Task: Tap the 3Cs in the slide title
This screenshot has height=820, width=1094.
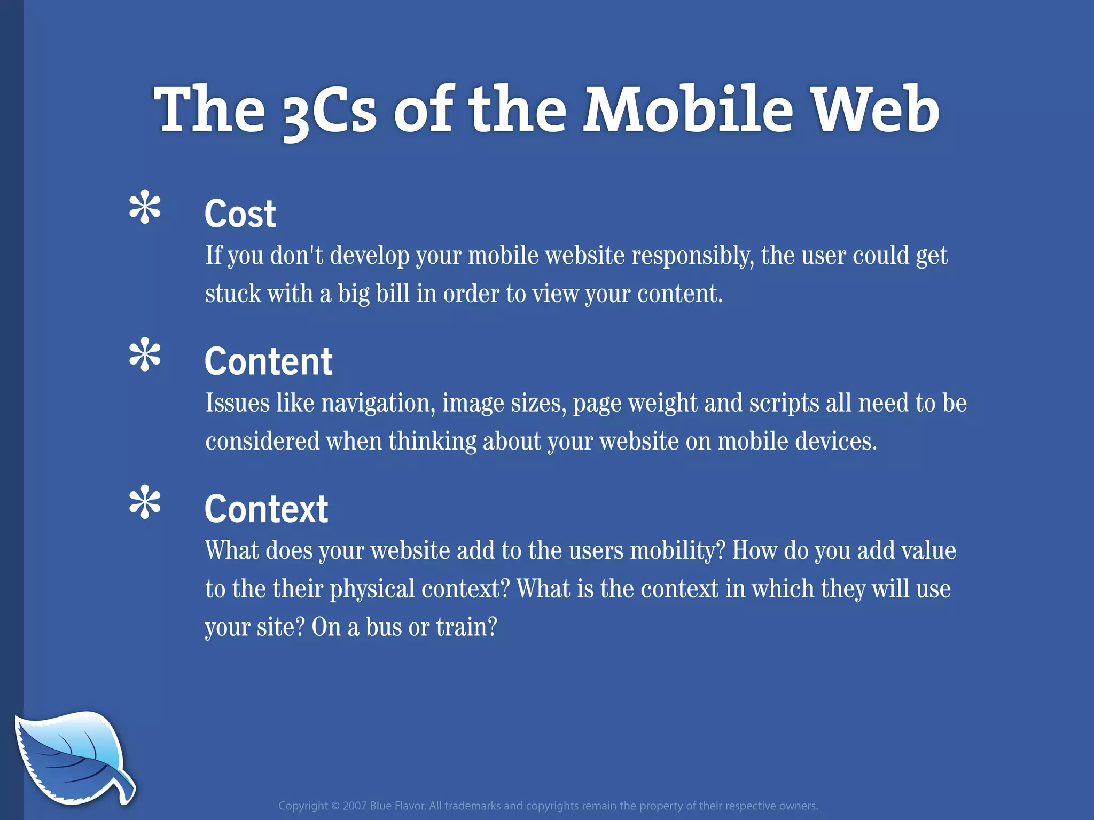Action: pos(329,112)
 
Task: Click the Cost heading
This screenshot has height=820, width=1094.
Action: pos(240,214)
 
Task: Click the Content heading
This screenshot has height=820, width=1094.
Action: pos(268,361)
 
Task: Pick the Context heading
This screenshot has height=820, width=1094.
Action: pos(266,509)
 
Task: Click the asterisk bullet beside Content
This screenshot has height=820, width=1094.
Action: pos(145,355)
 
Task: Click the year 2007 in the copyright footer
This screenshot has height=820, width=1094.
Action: pos(354,806)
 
